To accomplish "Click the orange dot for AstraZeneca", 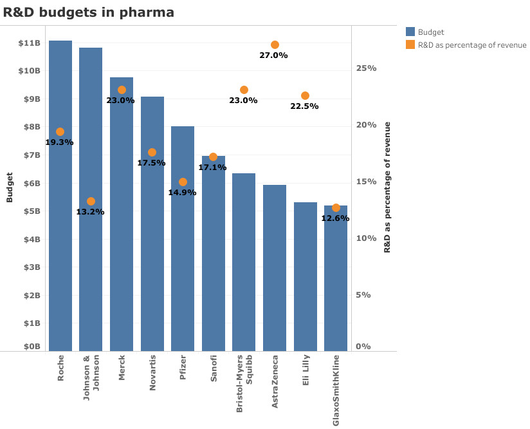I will click(275, 45).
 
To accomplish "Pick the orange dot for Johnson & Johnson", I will click(91, 202).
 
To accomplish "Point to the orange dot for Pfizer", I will click(183, 182).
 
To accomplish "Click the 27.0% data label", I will click(274, 55).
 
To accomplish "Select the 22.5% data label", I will click(304, 106).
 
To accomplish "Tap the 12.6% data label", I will click(335, 218).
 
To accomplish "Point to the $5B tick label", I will click(32, 211).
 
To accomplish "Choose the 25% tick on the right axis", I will click(367, 68).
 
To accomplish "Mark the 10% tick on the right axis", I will click(367, 238).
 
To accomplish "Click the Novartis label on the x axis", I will click(152, 368).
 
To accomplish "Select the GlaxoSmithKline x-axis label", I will click(336, 390).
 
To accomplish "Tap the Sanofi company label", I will click(214, 367).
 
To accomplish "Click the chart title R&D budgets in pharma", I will click(89, 12).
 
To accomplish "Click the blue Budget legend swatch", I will click(410, 32).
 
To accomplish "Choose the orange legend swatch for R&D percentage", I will click(410, 44).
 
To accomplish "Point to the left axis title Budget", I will click(10, 187).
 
